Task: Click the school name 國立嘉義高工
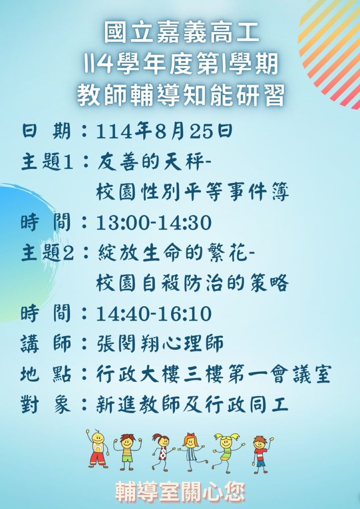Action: tap(181, 33)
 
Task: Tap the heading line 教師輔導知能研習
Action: tap(180, 95)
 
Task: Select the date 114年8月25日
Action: tap(164, 132)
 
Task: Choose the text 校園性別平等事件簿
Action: tap(192, 192)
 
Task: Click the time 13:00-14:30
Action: tap(154, 223)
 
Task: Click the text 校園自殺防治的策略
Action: tap(192, 283)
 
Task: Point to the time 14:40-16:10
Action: tap(154, 314)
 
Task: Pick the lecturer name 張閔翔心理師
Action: tap(160, 344)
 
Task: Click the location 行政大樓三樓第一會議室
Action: tap(214, 374)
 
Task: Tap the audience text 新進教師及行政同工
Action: tap(192, 405)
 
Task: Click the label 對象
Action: tap(46, 405)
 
